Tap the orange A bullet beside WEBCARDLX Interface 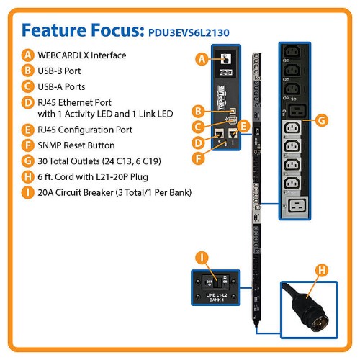[x=27, y=55]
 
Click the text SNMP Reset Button [x=74, y=145]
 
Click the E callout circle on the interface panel [x=243, y=125]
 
